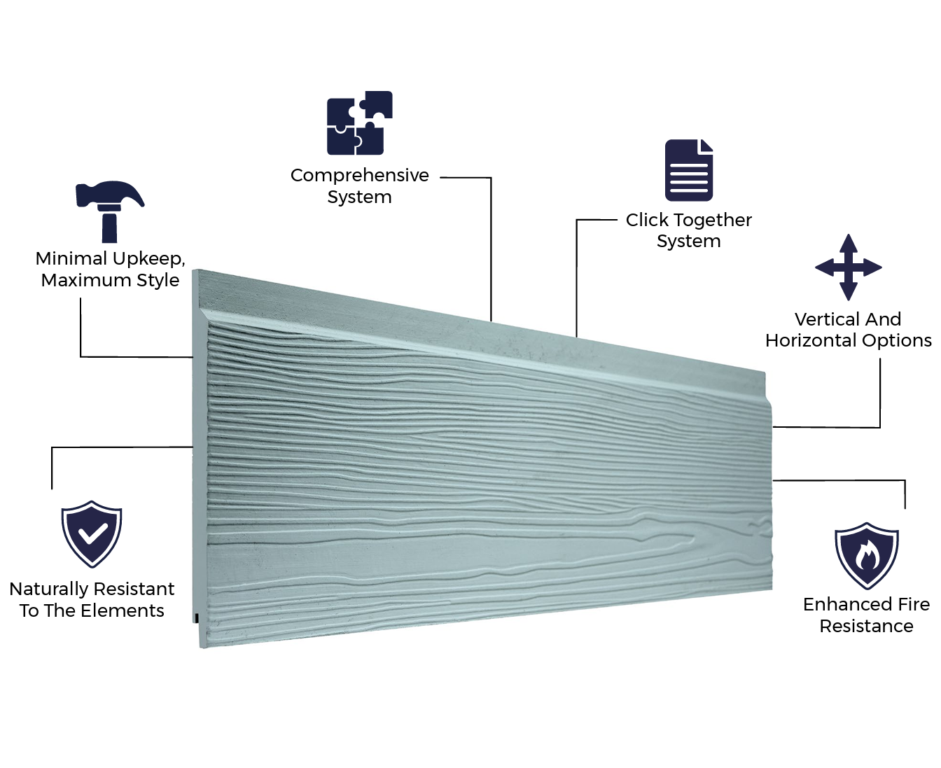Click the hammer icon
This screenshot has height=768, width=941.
click(x=109, y=211)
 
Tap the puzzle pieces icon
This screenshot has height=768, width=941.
click(x=359, y=123)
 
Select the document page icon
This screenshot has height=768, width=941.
click(x=689, y=170)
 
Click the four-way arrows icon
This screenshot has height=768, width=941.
click(x=848, y=267)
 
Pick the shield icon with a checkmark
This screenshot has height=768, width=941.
click(x=92, y=533)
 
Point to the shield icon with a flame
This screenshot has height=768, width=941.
click(x=866, y=555)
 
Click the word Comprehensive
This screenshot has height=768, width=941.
click(x=359, y=175)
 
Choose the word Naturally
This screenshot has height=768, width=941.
click(x=49, y=589)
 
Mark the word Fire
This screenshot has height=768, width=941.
click(x=914, y=604)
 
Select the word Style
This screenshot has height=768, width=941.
click(x=158, y=280)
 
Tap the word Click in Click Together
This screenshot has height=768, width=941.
click(x=647, y=220)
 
